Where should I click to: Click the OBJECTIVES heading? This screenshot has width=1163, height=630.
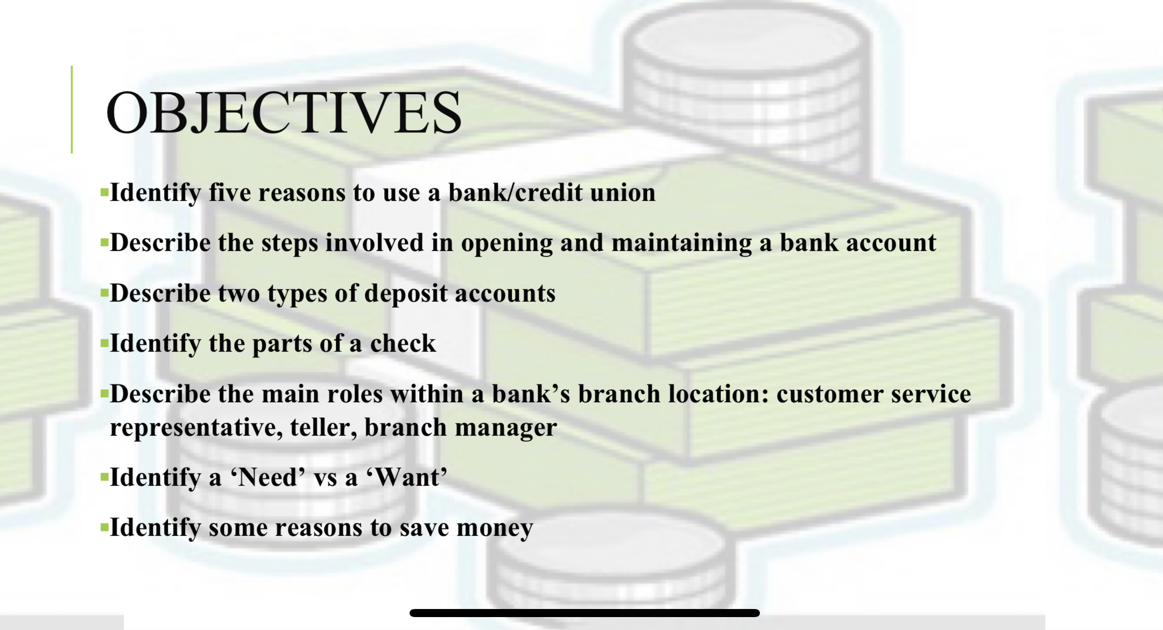284,113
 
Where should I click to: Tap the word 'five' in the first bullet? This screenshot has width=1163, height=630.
229,192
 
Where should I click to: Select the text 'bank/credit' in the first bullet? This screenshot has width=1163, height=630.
516,192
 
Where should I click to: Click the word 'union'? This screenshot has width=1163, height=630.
623,192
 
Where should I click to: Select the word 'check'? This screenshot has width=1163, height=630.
403,343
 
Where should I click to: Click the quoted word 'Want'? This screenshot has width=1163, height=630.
407,477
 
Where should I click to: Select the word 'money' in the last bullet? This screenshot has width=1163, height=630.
495,528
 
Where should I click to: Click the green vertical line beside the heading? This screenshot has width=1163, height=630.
72,109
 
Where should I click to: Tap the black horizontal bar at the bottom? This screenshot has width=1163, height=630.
584,613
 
